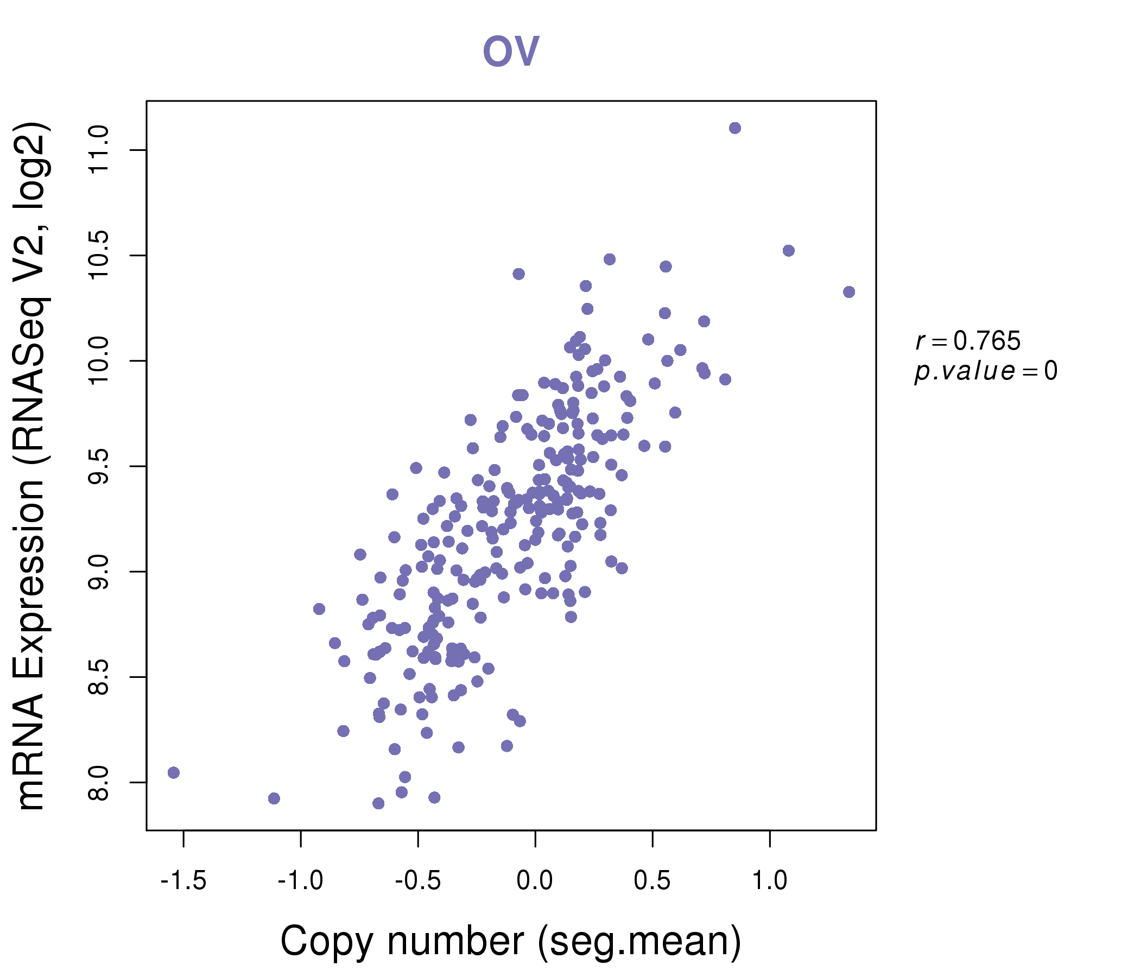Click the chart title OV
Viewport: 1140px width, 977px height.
pyautogui.click(x=511, y=51)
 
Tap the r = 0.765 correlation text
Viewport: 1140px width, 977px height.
pyautogui.click(x=968, y=341)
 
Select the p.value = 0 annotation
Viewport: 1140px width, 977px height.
pyautogui.click(x=985, y=371)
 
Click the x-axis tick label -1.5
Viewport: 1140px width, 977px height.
pyautogui.click(x=183, y=881)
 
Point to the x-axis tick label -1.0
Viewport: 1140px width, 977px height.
pyautogui.click(x=300, y=881)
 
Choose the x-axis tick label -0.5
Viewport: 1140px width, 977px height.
pyautogui.click(x=417, y=881)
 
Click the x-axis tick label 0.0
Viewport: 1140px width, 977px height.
pyautogui.click(x=535, y=881)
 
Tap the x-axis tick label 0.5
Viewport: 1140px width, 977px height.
pyautogui.click(x=652, y=881)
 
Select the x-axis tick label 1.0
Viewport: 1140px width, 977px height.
pyautogui.click(x=770, y=881)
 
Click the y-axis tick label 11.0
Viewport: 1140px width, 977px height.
pyautogui.click(x=99, y=150)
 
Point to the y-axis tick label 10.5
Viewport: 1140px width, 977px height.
pyautogui.click(x=99, y=255)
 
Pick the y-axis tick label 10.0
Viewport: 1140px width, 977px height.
pyautogui.click(x=99, y=361)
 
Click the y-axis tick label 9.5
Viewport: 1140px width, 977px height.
pyautogui.click(x=99, y=466)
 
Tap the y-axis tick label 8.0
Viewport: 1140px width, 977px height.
pyautogui.click(x=99, y=782)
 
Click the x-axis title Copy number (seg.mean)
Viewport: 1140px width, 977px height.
pyautogui.click(x=511, y=941)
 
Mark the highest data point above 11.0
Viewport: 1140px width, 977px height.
pyautogui.click(x=735, y=128)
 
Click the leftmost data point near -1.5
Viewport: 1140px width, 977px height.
pyautogui.click(x=174, y=773)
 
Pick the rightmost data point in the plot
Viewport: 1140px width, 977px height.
pyautogui.click(x=849, y=292)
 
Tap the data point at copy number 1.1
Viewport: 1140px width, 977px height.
pyautogui.click(x=788, y=251)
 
